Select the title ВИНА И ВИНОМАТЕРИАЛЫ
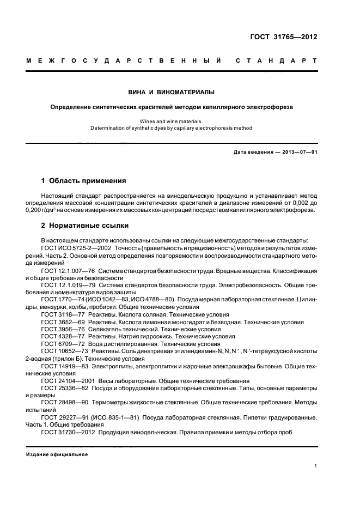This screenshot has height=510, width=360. coord(172,92)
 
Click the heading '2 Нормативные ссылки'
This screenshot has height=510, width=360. coord(86,224)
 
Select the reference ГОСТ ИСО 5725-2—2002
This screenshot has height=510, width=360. coord(76,248)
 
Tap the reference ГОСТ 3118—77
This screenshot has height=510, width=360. coord(60,314)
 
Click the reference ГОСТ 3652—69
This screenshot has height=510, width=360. coord(60,322)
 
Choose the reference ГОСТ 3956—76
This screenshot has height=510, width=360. coord(60,329)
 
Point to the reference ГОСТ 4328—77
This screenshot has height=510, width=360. coord(60,337)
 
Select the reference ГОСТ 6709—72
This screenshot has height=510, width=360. coord(60,344)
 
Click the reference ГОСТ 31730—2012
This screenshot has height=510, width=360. coord(66,432)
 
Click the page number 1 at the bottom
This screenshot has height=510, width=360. coord(315,466)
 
